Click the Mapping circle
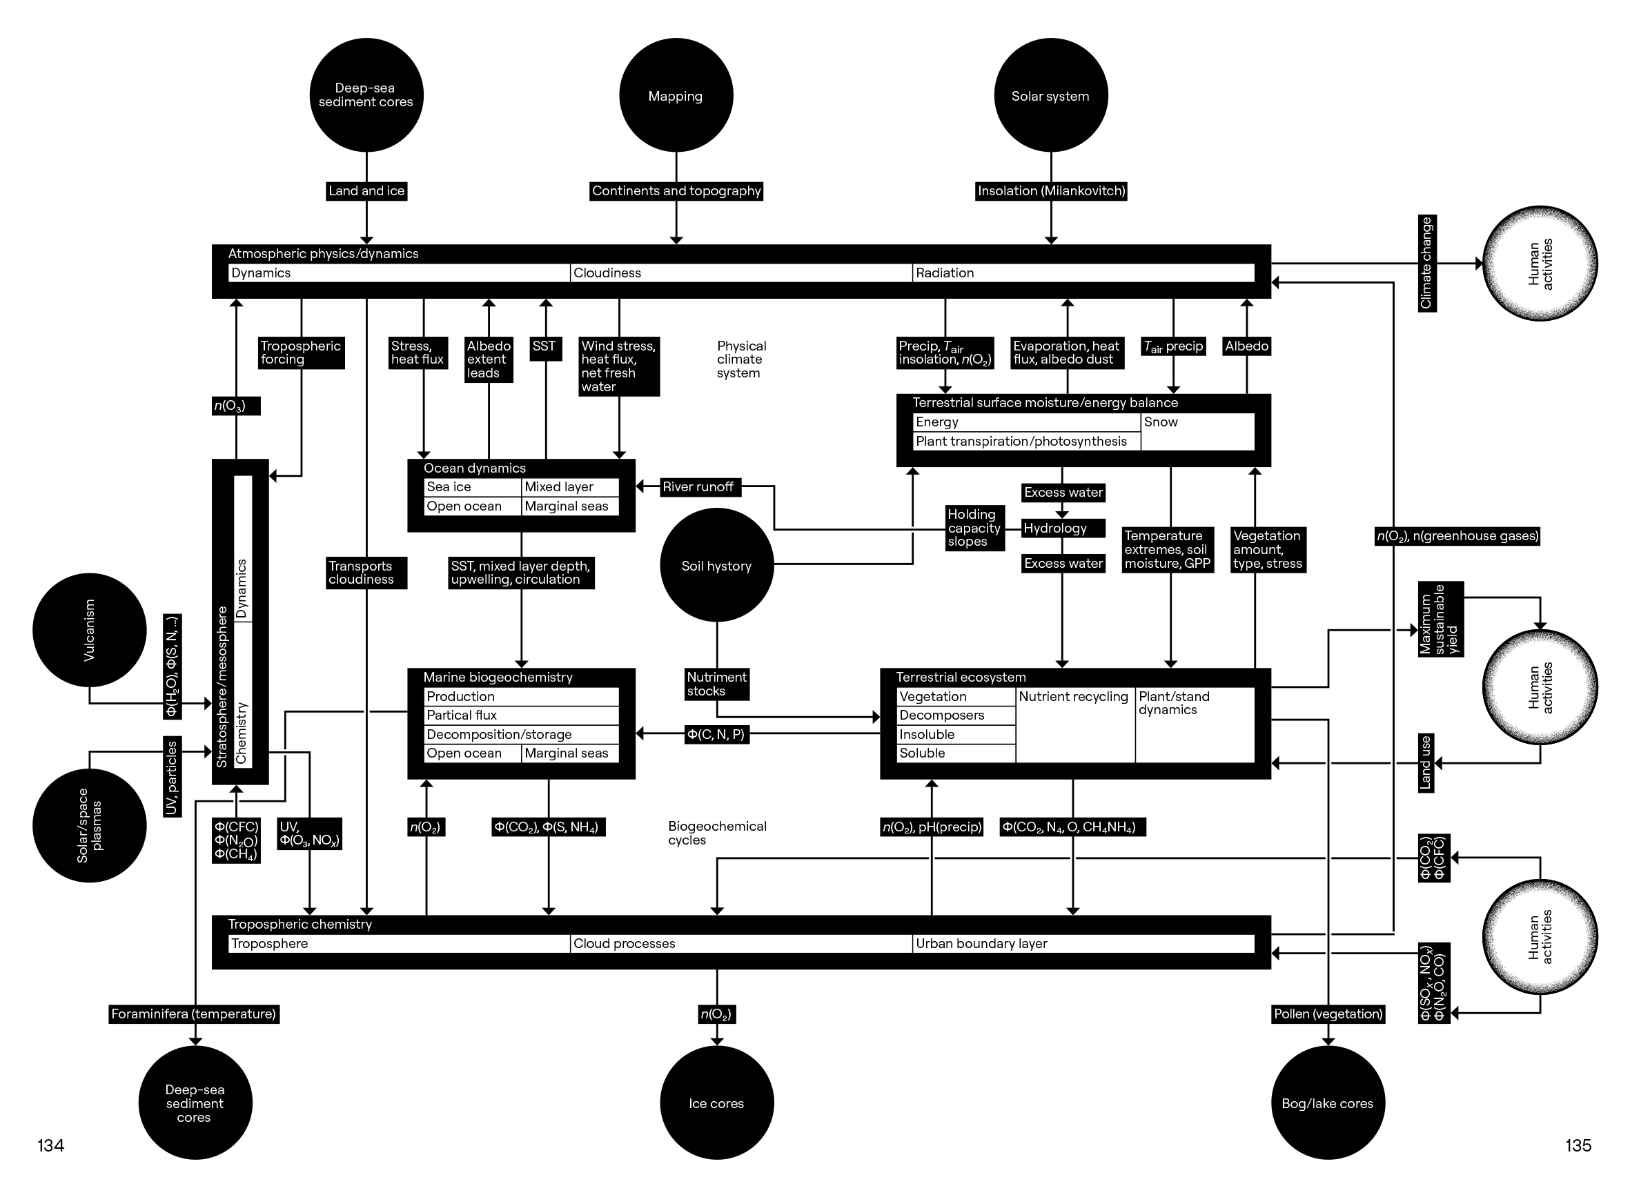click(676, 95)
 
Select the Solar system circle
click(1050, 95)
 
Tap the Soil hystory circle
click(716, 565)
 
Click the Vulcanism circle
click(89, 629)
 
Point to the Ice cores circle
click(716, 1103)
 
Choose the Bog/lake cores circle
click(1327, 1103)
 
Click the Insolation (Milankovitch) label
click(1050, 191)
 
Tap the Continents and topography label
click(676, 191)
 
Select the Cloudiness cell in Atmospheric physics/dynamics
click(741, 273)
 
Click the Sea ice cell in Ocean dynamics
click(472, 487)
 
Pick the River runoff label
click(698, 487)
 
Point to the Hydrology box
click(1062, 528)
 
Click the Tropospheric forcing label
click(300, 353)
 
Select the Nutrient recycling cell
click(1074, 723)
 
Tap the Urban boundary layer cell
click(1082, 943)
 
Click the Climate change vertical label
click(1426, 264)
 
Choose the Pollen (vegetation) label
click(1328, 1014)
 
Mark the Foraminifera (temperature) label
click(194, 1014)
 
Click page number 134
click(50, 1145)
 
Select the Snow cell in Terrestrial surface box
click(1197, 431)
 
